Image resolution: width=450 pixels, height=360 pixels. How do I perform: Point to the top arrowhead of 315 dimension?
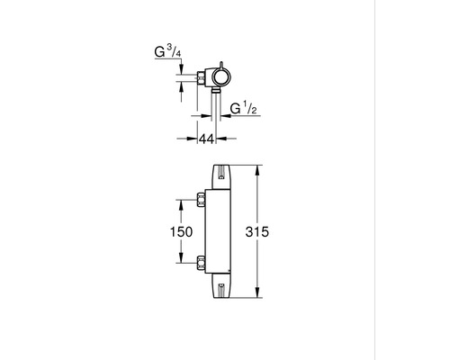tap(257, 169)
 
